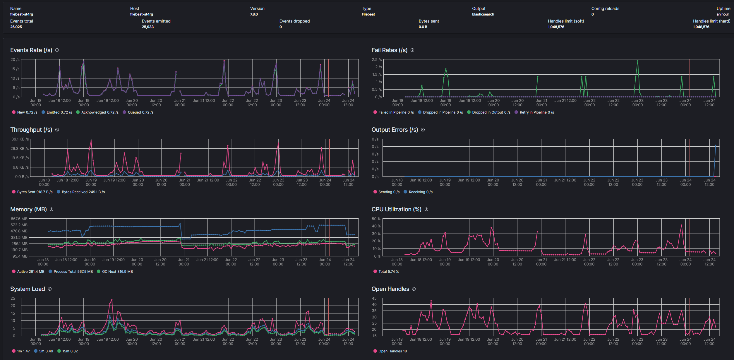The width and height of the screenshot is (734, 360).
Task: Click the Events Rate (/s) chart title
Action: pos(31,50)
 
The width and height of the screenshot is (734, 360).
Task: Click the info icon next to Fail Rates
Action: pos(412,50)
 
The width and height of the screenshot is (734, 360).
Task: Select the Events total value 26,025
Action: pos(16,27)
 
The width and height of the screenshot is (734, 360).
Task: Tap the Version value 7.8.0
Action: pos(254,14)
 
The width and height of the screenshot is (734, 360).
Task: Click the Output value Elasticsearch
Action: pos(483,14)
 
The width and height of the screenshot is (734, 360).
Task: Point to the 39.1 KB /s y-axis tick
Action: pos(20,139)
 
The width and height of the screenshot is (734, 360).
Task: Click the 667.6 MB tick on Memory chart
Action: pos(19,219)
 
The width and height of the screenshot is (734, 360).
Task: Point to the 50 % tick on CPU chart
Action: pos(376,219)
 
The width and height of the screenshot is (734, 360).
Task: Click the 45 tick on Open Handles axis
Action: pos(374,299)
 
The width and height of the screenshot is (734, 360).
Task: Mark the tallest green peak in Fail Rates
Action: pos(638,61)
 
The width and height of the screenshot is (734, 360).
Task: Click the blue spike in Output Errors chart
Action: pos(716,145)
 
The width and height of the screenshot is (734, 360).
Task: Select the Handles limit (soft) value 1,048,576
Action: pos(556,27)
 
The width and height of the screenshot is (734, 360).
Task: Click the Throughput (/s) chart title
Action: pos(31,130)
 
